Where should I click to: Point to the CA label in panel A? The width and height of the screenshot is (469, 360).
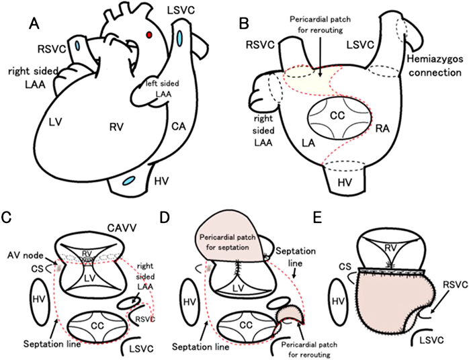(x=175, y=125)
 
